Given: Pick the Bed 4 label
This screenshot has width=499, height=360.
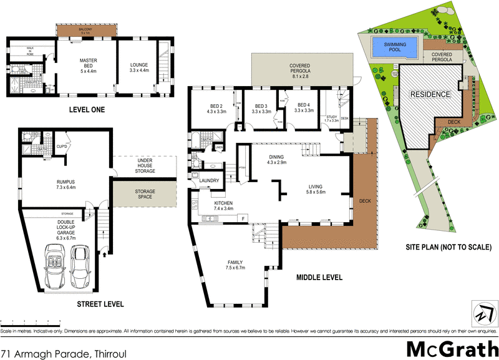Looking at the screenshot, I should [303, 107].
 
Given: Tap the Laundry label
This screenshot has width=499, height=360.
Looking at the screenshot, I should [208, 181].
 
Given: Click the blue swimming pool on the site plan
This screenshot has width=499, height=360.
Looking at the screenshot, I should [394, 47].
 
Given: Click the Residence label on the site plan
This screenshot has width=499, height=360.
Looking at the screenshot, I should [429, 94].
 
